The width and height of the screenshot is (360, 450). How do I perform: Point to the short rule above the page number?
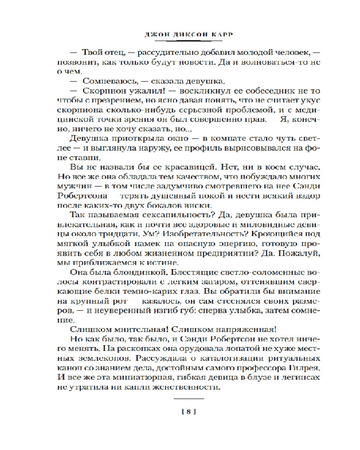pyautogui.click(x=189, y=398)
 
